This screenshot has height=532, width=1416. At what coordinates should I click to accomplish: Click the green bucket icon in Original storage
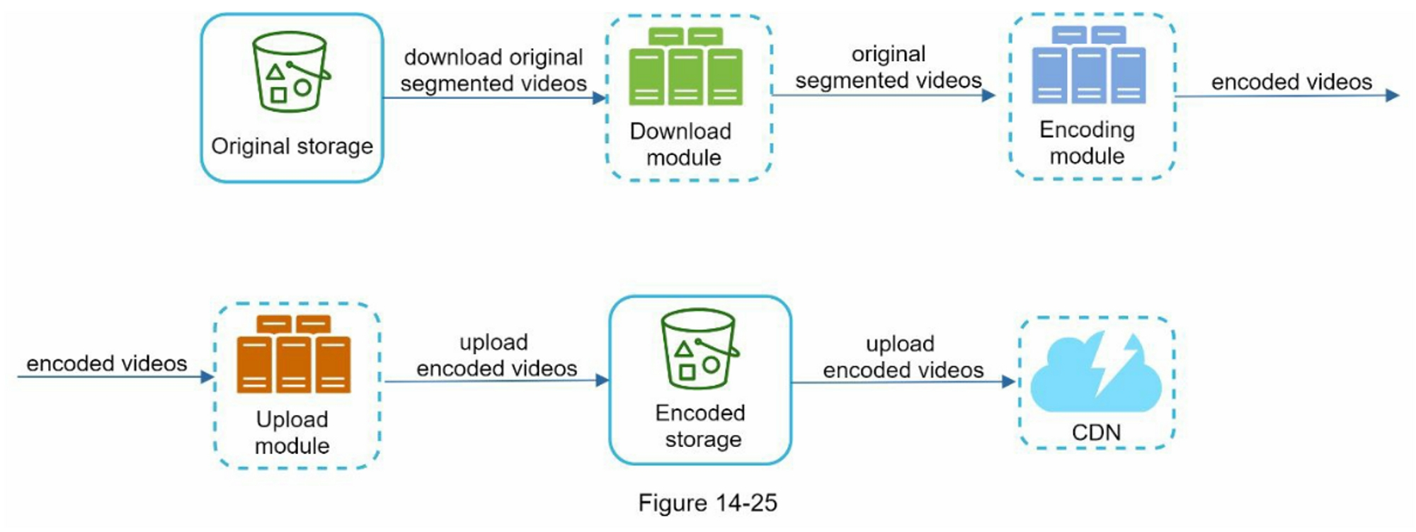[x=291, y=72]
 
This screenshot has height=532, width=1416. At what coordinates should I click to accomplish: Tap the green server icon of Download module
[x=685, y=67]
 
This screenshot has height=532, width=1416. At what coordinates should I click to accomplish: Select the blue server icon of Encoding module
[x=1088, y=64]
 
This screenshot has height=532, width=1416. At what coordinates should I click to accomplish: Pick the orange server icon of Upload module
[x=293, y=354]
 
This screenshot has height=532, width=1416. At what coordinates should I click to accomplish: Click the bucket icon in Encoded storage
[x=700, y=349]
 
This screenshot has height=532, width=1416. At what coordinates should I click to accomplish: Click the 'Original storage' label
[x=292, y=147]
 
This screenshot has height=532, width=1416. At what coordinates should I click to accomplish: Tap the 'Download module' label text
[x=681, y=144]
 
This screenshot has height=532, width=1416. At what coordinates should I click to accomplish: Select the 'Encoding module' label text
[x=1087, y=142]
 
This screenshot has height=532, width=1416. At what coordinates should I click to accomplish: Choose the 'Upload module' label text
[x=292, y=432]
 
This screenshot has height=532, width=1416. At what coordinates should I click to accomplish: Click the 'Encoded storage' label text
[x=700, y=426]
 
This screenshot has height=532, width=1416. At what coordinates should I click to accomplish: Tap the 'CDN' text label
[x=1096, y=432]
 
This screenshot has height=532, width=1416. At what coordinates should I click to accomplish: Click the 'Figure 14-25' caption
[x=707, y=503]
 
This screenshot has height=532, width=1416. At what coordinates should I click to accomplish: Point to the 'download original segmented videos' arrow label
[x=493, y=70]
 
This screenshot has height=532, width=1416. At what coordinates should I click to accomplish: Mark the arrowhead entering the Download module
[x=600, y=98]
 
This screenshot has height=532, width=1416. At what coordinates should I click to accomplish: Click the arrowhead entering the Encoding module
[x=988, y=95]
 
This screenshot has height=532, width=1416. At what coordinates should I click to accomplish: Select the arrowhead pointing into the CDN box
[x=1009, y=382]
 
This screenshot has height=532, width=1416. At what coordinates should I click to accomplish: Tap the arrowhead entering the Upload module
[x=207, y=377]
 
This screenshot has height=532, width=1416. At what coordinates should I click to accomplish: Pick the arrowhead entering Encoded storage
[x=602, y=380]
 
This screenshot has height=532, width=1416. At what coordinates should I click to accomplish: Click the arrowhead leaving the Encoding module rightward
[x=1392, y=95]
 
